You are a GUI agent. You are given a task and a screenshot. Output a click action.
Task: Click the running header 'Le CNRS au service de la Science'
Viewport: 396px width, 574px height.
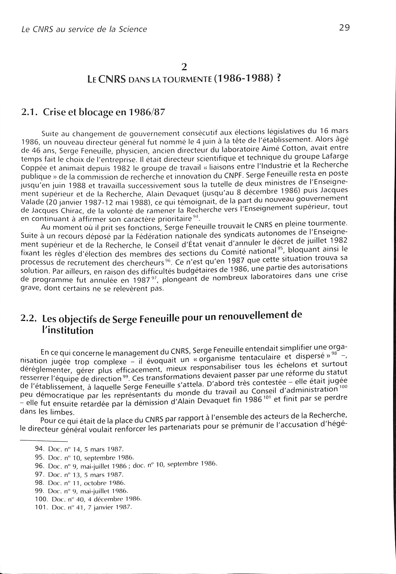(84, 29)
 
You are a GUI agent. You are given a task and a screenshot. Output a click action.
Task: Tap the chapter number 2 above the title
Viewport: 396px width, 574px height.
(184, 67)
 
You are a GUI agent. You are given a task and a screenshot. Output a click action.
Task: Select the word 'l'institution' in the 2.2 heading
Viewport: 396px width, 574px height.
(68, 331)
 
